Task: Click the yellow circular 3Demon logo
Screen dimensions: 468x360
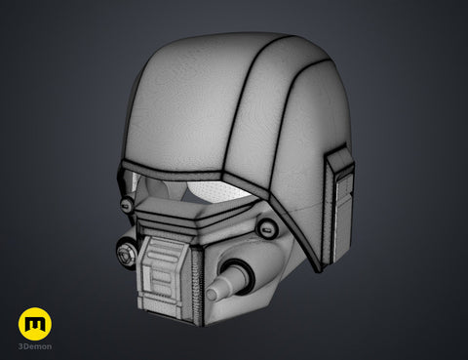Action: coord(35,324)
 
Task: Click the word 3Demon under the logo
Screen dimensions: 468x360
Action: coord(35,346)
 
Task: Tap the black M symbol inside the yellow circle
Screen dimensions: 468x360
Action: coord(35,324)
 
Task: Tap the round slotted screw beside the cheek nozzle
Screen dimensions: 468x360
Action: coord(266,229)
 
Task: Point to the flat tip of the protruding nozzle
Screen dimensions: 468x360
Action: coord(213,294)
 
